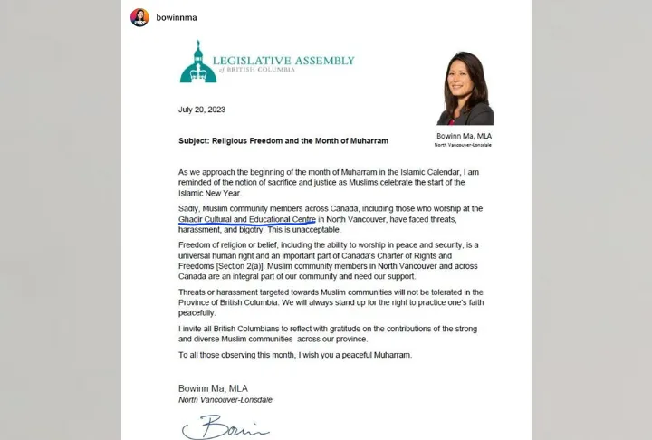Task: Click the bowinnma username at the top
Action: click(x=177, y=16)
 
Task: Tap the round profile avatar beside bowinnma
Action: click(x=139, y=17)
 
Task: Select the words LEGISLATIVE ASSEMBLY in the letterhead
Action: click(x=282, y=61)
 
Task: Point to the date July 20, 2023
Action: click(x=202, y=110)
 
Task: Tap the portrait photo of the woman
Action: click(x=465, y=88)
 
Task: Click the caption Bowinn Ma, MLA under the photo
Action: click(x=465, y=136)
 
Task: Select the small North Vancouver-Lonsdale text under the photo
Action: click(x=465, y=145)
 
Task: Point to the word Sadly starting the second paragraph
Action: click(x=189, y=208)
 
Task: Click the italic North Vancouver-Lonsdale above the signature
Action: click(x=222, y=399)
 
